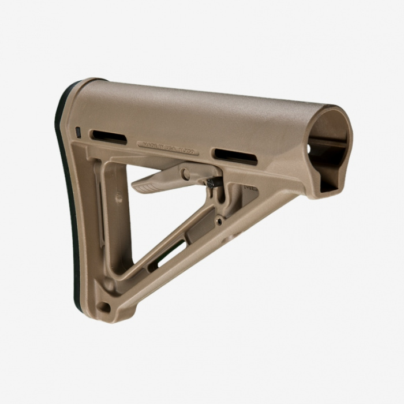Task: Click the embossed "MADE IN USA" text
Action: pos(167,148)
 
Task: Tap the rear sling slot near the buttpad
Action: pos(108,137)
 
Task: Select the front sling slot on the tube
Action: pos(235,156)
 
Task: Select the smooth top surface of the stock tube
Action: pos(202,110)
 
